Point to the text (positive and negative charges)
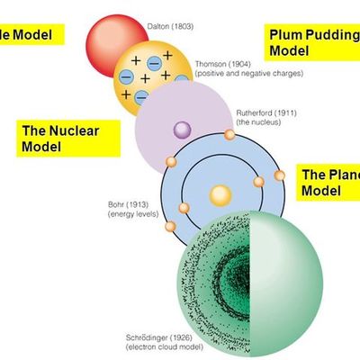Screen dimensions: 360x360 click(247, 73)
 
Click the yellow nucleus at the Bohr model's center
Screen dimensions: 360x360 click(220, 193)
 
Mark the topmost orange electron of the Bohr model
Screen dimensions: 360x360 click(229, 135)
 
